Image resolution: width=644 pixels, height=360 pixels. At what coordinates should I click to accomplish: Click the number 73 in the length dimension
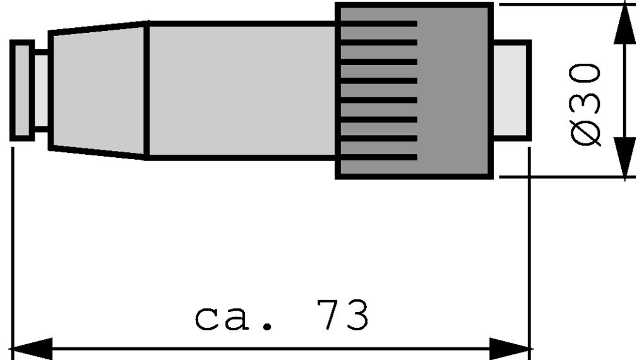(342, 315)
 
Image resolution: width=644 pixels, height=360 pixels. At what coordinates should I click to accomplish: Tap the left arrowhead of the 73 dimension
(33, 349)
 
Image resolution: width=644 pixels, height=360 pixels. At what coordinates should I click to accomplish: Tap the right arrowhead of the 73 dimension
(510, 349)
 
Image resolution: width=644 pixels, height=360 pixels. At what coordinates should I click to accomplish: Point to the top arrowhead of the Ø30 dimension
(624, 24)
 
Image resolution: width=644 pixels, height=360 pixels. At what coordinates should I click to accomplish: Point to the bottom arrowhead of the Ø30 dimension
(624, 158)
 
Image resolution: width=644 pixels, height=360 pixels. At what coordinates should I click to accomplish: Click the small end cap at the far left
(21, 90)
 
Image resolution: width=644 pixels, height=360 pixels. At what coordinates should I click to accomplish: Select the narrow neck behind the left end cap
(42, 90)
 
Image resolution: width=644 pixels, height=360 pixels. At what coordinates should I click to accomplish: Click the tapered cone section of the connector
(98, 90)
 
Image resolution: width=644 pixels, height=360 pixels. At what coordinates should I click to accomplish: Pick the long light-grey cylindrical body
(241, 90)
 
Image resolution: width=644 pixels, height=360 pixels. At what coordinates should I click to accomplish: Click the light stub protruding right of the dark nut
(512, 90)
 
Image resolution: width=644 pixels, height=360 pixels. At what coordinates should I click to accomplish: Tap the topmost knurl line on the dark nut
(379, 24)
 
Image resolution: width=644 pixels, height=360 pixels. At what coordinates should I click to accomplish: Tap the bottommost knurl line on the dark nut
(379, 157)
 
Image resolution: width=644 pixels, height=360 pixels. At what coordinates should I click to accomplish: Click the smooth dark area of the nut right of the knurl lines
(453, 90)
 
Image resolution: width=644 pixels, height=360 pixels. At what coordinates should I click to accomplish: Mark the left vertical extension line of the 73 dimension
(13, 253)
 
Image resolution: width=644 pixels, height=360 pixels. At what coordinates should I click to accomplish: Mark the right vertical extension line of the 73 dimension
(529, 253)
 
